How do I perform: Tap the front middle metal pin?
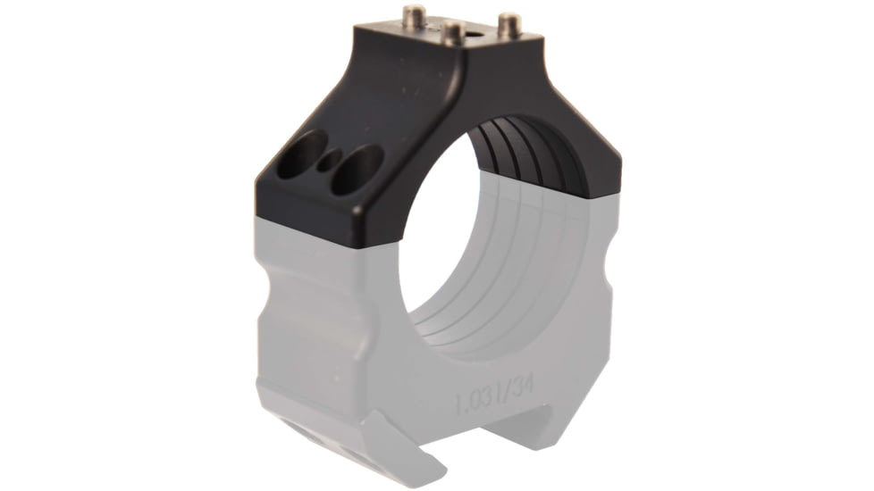coord(454,34)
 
